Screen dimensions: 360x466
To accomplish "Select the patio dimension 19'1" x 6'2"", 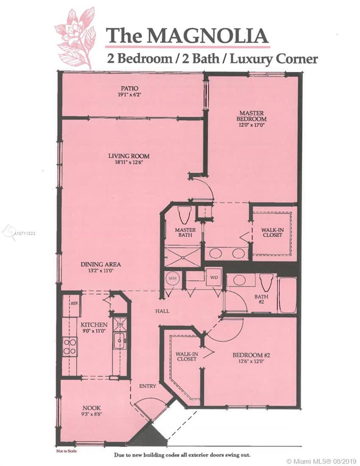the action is tap(129, 94).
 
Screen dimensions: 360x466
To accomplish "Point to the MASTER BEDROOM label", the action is tap(253, 116).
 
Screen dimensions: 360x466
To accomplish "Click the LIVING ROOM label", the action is tap(129, 156).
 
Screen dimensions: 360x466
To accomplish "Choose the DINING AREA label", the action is tap(101, 264).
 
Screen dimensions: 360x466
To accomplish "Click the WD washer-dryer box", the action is tap(214, 278).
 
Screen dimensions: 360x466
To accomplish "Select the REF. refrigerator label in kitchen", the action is tap(75, 304).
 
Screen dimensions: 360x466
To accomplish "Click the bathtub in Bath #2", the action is tap(287, 296).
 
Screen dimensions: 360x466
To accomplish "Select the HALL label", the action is tap(162, 311).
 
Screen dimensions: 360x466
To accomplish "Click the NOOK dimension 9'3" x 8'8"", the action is tap(92, 414).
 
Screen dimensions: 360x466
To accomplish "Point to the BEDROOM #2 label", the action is tap(251, 355).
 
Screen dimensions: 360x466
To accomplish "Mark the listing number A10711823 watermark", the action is tap(24, 233).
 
